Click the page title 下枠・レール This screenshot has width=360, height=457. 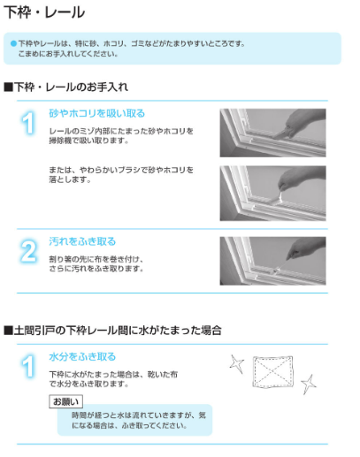click(x=44, y=12)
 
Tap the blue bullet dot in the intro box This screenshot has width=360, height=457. click(x=13, y=43)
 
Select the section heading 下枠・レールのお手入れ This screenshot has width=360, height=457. click(x=66, y=87)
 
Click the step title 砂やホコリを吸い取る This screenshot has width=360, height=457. click(x=97, y=113)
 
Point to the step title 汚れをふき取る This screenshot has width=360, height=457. click(x=82, y=241)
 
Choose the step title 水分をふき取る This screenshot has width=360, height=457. click(x=82, y=356)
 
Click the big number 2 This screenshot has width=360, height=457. click(x=28, y=251)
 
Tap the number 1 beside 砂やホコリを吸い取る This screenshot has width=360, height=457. click(x=28, y=123)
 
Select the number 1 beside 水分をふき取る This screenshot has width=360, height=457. click(x=28, y=366)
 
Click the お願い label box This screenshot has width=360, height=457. click(x=65, y=401)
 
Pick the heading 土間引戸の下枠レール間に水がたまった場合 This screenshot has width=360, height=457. click(x=112, y=331)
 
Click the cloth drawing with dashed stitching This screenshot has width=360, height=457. click(x=272, y=372)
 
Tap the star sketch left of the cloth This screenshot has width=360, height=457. click(x=237, y=364)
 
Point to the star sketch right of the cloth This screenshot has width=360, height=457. click(x=309, y=385)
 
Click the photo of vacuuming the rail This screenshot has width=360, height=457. click(x=272, y=133)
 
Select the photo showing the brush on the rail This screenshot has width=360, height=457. click(x=272, y=193)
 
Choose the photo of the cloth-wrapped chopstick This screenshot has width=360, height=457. click(x=272, y=261)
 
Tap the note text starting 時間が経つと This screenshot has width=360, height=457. click(x=139, y=421)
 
